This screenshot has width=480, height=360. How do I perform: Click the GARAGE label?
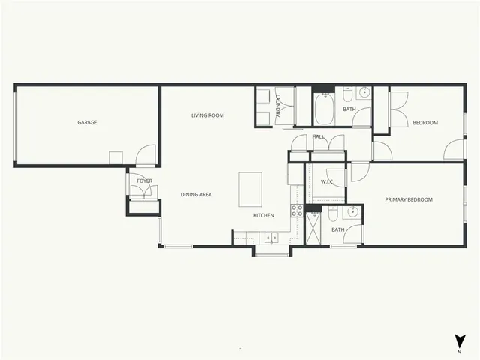point(88,123)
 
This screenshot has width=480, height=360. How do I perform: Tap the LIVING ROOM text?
point(208,115)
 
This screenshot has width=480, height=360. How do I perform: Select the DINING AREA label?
point(196,195)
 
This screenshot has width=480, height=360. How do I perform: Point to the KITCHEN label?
point(263,216)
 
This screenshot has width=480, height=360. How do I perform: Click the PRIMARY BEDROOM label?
point(409,199)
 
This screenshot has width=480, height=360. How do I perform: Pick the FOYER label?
point(144,181)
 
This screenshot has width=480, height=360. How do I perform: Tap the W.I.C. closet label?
point(327,182)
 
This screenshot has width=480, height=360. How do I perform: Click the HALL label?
point(318,137)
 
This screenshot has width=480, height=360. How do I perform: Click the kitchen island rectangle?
point(250,189)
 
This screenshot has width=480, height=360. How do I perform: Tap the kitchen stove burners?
point(296,210)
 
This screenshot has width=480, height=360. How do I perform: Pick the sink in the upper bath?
point(363,93)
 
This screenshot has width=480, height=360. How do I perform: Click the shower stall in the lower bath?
point(316,228)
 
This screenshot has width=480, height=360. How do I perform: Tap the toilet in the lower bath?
point(332,215)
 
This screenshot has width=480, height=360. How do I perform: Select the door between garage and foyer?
point(146,156)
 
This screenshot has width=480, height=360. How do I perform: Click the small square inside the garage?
point(115,157)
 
